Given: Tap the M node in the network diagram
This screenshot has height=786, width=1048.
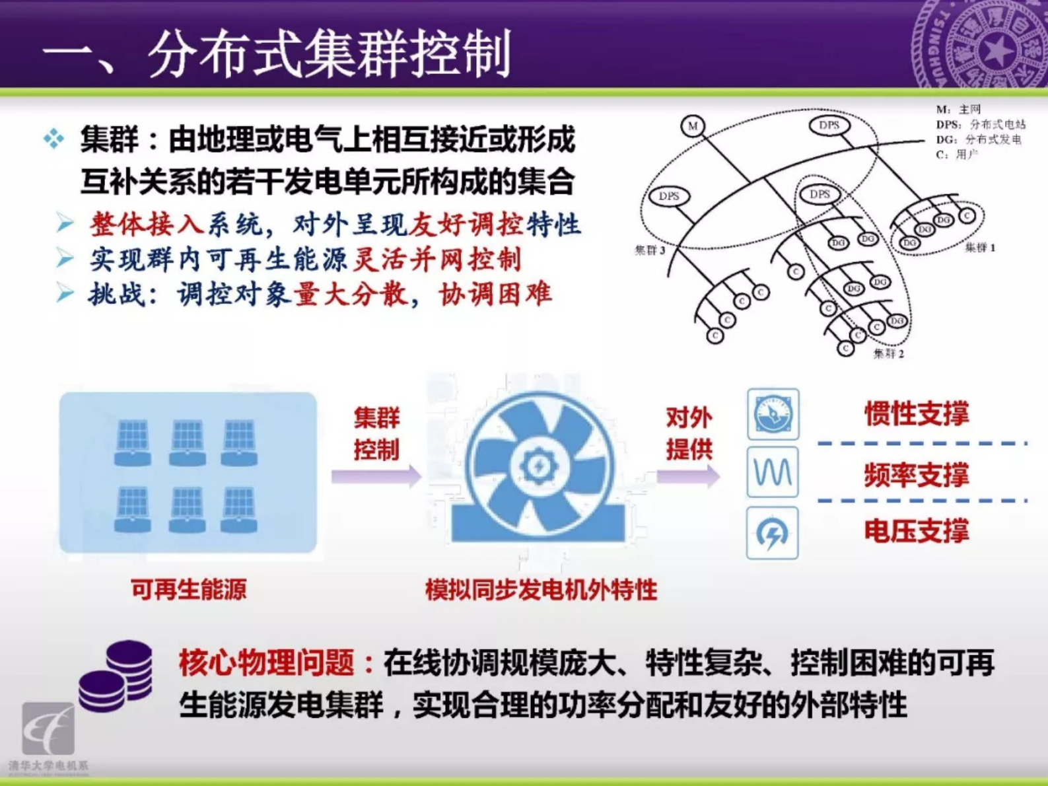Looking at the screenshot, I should pyautogui.click(x=693, y=125).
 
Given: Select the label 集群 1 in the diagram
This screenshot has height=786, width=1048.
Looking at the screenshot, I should pyautogui.click(x=979, y=248).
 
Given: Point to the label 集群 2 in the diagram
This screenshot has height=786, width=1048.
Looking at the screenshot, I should pyautogui.click(x=888, y=353).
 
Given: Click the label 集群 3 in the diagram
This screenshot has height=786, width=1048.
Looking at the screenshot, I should pyautogui.click(x=650, y=250).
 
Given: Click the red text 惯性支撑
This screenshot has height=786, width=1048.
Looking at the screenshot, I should pyautogui.click(x=917, y=414).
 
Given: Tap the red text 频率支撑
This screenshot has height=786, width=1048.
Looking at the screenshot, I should pyautogui.click(x=917, y=474).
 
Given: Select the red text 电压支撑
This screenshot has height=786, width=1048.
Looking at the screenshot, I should pyautogui.click(x=917, y=531).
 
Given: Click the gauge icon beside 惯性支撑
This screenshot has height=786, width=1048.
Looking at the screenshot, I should pyautogui.click(x=773, y=415).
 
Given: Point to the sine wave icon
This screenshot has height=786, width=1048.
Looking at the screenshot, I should pyautogui.click(x=773, y=472).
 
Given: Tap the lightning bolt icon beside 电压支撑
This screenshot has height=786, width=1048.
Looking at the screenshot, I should pyautogui.click(x=773, y=533).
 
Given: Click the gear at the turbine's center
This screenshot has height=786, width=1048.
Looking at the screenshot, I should pyautogui.click(x=539, y=466).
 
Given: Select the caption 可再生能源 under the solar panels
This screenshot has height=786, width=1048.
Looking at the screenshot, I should pyautogui.click(x=188, y=589).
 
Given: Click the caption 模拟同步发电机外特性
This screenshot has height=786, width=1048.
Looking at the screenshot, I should pyautogui.click(x=541, y=589).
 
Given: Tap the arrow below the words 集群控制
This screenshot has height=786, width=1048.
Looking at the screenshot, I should pyautogui.click(x=376, y=476).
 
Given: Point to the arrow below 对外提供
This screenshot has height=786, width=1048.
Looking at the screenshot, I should pyautogui.click(x=688, y=476).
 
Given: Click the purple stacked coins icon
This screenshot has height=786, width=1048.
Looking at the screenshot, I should pyautogui.click(x=116, y=675).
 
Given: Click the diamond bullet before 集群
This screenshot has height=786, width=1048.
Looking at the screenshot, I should pyautogui.click(x=53, y=139).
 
